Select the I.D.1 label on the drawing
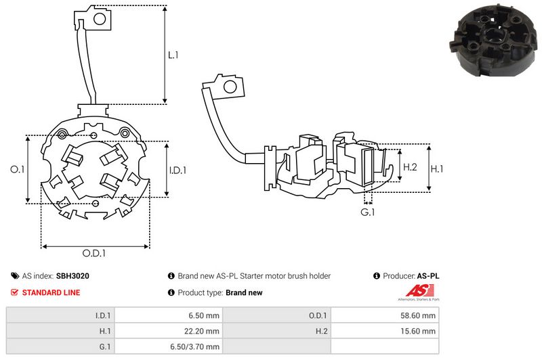178,171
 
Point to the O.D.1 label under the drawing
95,254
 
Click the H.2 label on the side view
410,166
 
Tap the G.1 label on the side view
367,212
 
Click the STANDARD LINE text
51,292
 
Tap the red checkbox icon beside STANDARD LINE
14,292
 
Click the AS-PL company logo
416,294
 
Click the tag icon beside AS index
14,276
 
